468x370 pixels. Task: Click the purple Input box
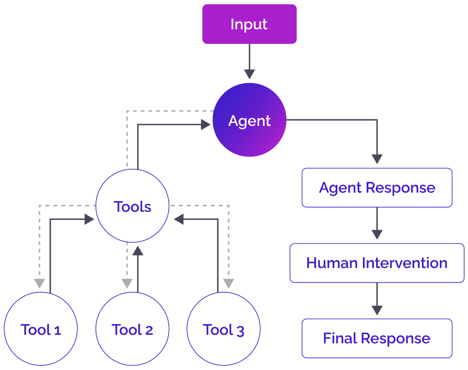(249, 24)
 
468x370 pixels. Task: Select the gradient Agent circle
(249, 120)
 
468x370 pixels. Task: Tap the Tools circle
(132, 206)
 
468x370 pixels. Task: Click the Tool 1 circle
(41, 329)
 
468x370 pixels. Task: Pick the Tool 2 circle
(132, 329)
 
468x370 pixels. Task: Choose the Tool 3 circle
(223, 329)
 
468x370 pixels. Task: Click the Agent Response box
(377, 187)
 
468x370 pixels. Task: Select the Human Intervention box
(377, 263)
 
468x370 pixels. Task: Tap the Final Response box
(377, 338)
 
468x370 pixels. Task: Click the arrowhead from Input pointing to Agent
(250, 73)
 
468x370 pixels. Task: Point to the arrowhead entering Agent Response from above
(377, 159)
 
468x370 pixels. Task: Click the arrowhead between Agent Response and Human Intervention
(377, 234)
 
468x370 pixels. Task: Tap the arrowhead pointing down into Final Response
(377, 309)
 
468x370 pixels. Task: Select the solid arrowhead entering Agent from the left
(205, 125)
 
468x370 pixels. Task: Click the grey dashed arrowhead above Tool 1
(39, 283)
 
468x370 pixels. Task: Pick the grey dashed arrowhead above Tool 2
(127, 283)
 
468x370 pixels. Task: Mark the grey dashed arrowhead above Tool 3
(228, 283)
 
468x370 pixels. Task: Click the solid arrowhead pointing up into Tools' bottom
(138, 251)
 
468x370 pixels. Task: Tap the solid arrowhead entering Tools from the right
(179, 219)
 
